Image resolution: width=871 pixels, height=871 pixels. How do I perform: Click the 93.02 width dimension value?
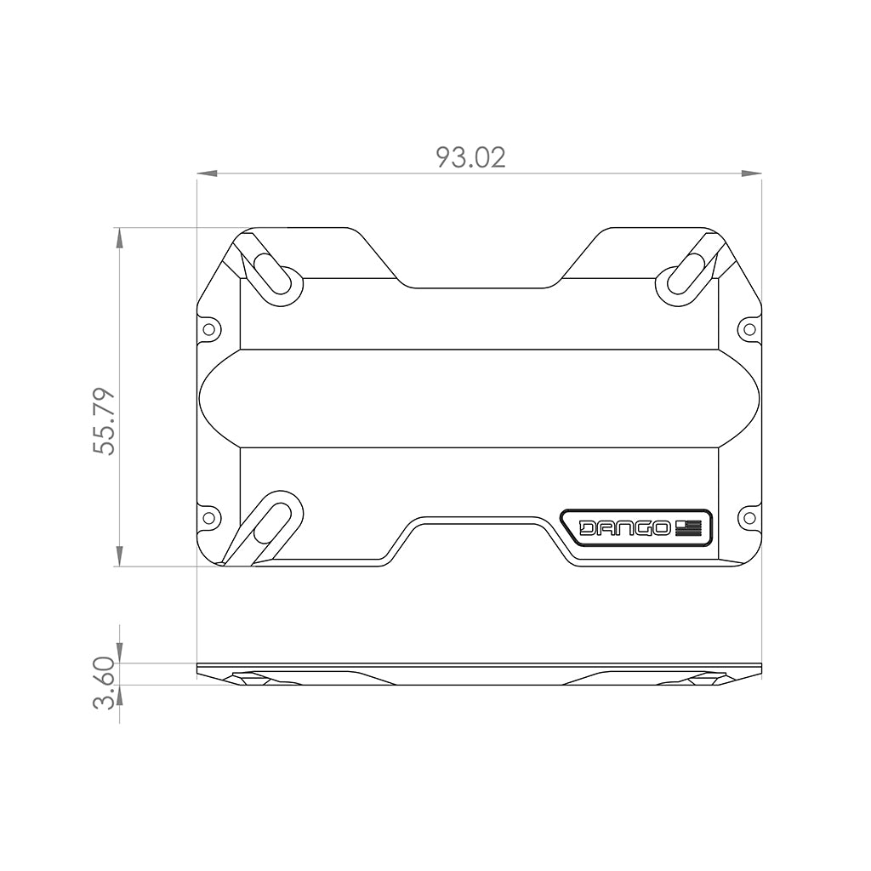point(470,157)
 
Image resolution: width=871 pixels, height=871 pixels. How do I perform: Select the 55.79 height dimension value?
point(104,421)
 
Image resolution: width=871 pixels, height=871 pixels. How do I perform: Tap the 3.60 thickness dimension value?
point(104,682)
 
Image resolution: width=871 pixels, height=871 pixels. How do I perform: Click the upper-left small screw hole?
point(208,328)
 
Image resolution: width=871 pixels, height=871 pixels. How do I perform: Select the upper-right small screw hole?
point(749,328)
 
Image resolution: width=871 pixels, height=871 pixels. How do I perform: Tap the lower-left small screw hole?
point(208,516)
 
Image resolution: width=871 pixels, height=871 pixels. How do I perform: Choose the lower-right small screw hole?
point(749,516)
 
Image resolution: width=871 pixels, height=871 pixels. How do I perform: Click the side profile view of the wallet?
point(479,675)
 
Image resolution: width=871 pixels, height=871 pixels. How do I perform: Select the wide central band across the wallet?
point(479,398)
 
